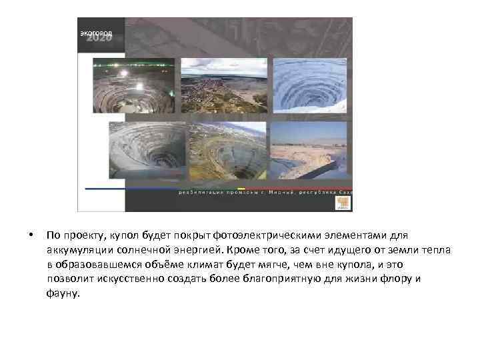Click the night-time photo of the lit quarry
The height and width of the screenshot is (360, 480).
(x=133, y=86)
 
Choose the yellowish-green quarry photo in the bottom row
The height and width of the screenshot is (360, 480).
(x=227, y=151)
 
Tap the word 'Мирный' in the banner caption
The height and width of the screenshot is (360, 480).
(x=270, y=193)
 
